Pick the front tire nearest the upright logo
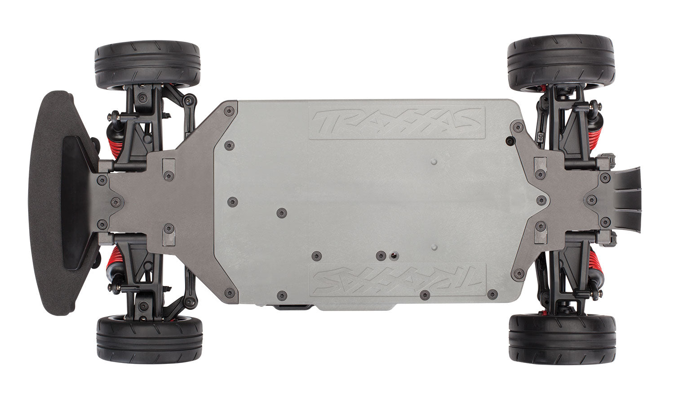(147, 64)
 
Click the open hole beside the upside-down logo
(393, 256)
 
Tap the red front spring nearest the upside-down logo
(113, 261)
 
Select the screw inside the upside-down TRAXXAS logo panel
(424, 295)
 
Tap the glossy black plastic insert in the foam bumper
(76, 202)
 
